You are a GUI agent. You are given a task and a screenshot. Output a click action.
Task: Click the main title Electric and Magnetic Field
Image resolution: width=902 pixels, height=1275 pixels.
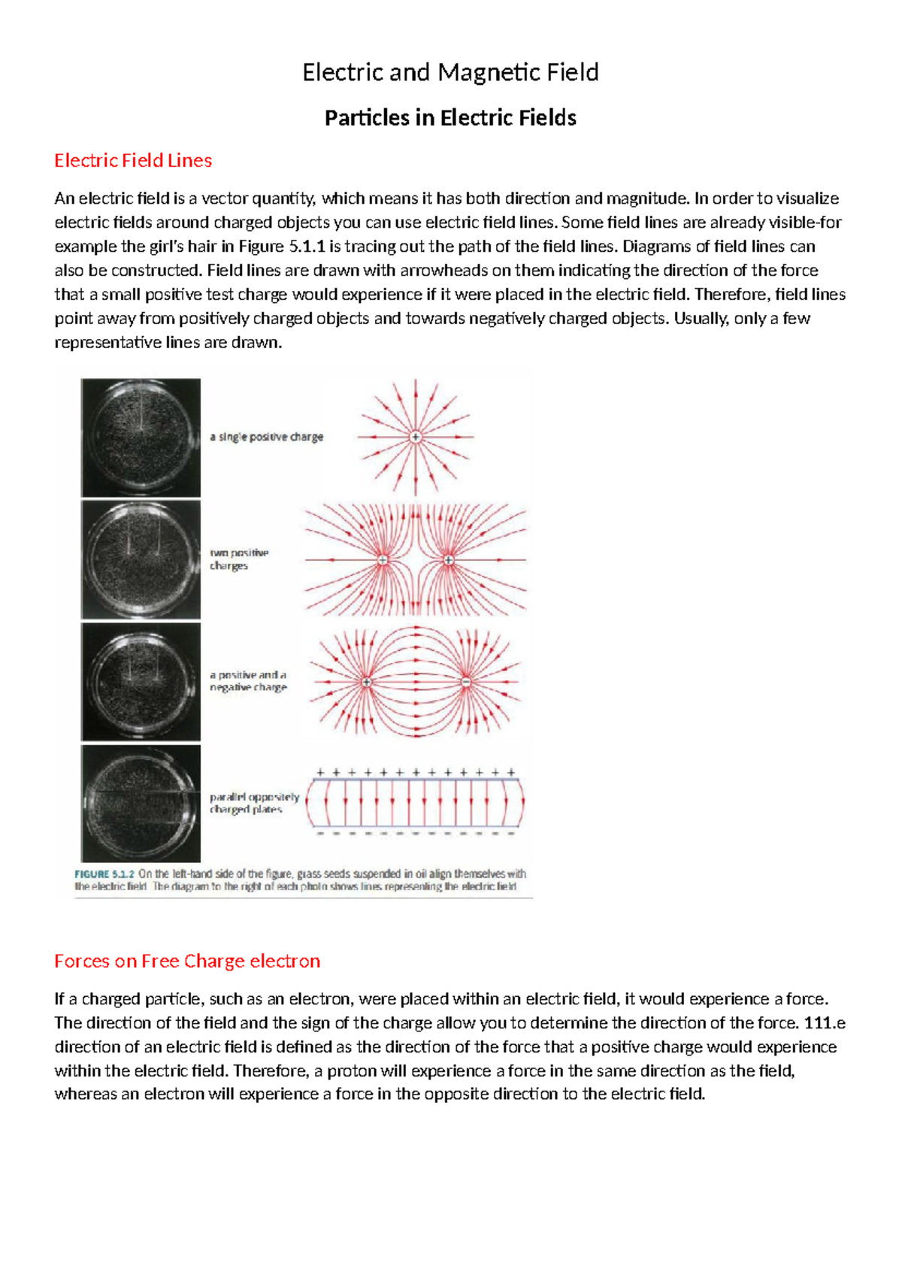point(450,72)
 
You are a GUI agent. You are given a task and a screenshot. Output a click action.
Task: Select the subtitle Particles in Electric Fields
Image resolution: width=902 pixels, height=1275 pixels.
point(450,118)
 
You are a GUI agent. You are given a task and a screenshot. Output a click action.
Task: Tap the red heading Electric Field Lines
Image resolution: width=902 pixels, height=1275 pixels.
point(133,160)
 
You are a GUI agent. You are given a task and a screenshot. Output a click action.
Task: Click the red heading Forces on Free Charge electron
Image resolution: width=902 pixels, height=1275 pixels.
point(187,961)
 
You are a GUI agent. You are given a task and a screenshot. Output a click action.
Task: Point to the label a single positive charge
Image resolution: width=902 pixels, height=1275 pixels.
point(266,437)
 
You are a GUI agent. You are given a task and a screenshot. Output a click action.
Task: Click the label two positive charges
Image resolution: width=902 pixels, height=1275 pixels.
point(239,559)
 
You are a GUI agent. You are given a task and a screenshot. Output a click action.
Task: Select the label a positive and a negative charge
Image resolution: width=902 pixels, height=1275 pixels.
point(248,681)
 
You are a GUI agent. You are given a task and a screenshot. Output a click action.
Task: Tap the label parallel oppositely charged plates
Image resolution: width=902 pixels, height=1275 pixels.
point(254,803)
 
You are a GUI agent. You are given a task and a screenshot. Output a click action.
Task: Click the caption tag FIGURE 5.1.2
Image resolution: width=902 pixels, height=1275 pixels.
point(104,874)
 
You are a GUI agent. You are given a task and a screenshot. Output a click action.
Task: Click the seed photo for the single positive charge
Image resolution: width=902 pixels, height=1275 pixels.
point(141,438)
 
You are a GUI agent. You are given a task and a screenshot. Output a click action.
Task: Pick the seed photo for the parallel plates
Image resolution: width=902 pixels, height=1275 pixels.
point(141,804)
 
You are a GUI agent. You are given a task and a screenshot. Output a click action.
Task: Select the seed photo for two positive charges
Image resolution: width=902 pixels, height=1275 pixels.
point(141,560)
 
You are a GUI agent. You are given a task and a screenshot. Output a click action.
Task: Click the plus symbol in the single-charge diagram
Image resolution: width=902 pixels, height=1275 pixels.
point(416,437)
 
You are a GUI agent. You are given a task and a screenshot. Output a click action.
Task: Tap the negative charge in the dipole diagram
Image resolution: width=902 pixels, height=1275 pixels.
point(466,682)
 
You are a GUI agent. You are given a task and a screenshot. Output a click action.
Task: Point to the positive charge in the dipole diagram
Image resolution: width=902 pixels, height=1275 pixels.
point(366,682)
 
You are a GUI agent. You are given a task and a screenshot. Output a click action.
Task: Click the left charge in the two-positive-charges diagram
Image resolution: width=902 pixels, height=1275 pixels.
point(383,560)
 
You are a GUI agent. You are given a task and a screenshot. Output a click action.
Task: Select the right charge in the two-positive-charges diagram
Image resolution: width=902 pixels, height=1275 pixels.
point(448,560)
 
